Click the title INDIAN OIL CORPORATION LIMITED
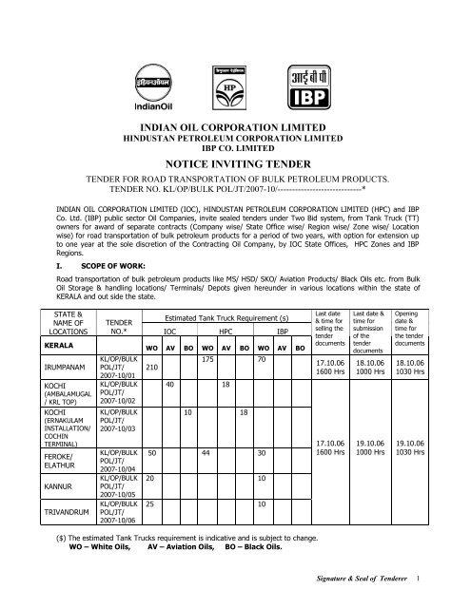[234, 125]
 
